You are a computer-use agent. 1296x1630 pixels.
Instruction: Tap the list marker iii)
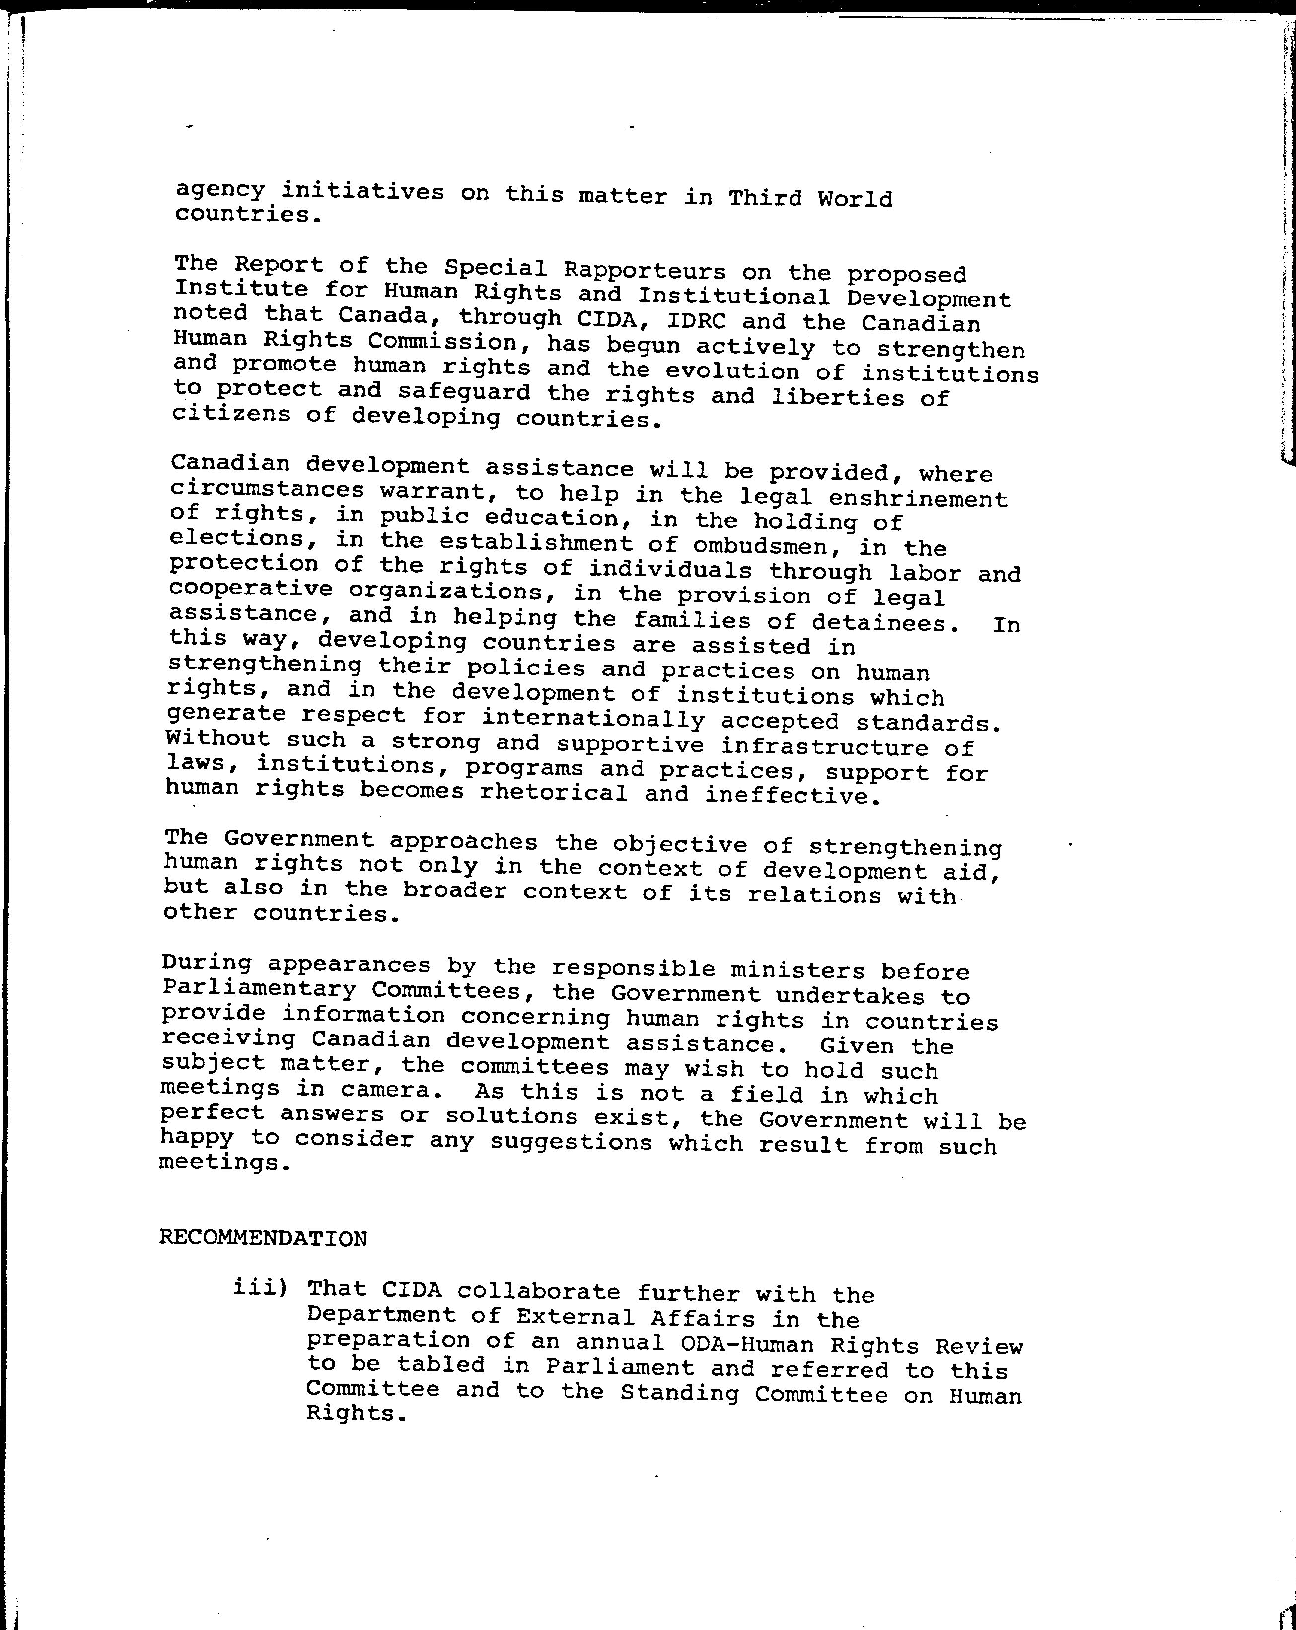tap(261, 1287)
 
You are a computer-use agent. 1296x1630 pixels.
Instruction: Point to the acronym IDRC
tap(696, 320)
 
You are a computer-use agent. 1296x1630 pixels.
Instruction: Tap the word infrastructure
tap(824, 747)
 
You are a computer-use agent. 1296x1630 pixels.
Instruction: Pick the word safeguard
tap(465, 392)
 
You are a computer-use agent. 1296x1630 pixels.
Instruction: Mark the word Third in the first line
tap(764, 197)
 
